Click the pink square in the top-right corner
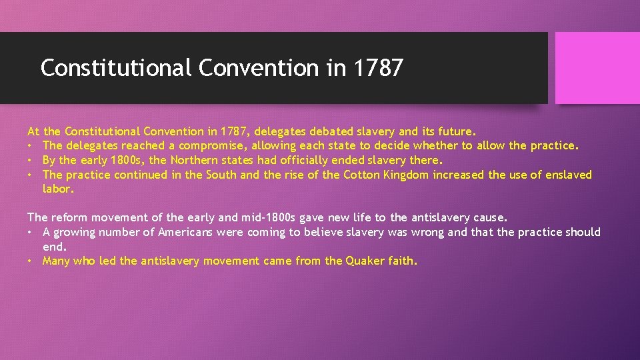pos(597,67)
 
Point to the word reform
pos(69,217)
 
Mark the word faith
pos(403,261)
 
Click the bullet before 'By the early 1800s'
pos(31,160)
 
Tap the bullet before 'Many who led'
pos(31,261)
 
